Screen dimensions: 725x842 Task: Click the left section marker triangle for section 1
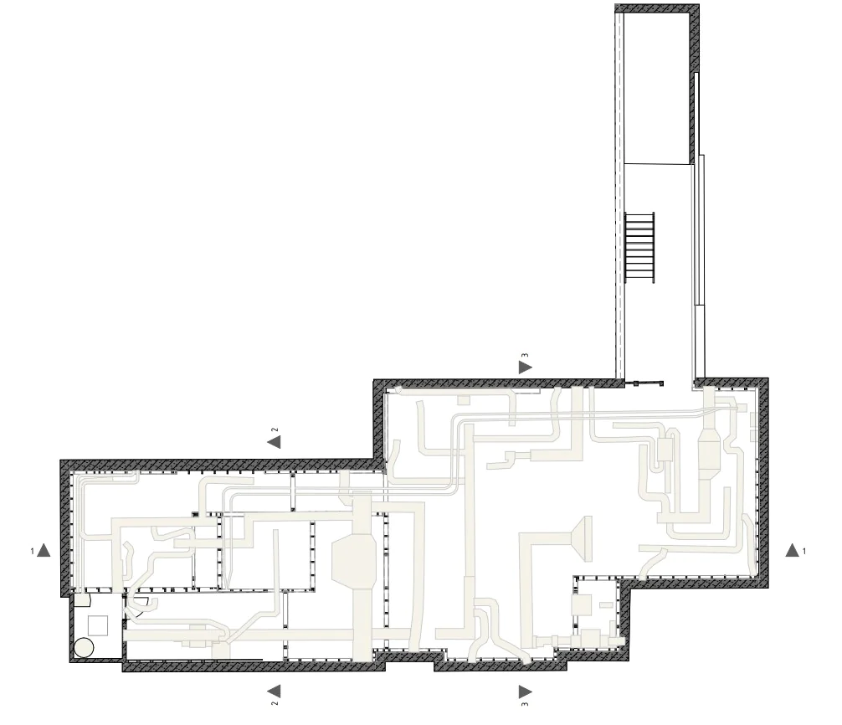[44, 550]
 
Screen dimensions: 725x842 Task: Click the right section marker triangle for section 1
[792, 550]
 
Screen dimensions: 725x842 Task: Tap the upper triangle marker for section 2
[274, 441]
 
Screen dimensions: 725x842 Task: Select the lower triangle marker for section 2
[274, 691]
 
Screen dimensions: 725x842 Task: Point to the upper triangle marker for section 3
[525, 367]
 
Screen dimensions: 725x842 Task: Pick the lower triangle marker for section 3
[525, 692]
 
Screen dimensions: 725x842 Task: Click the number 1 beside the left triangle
[32, 551]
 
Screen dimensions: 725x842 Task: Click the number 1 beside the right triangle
[804, 551]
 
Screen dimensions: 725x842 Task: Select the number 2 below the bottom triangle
[274, 703]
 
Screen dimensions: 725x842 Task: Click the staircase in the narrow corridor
[640, 248]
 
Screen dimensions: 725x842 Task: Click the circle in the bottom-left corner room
[84, 648]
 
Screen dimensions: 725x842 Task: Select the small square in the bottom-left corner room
[98, 625]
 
